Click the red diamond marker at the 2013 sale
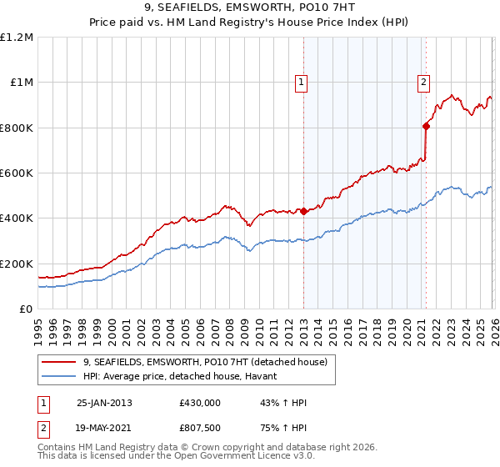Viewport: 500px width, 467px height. [303, 211]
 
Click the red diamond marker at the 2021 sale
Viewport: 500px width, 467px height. [426, 126]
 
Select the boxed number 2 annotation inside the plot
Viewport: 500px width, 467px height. [423, 82]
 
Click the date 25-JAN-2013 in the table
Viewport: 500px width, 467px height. [104, 403]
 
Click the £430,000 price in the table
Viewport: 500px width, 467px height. [200, 403]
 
